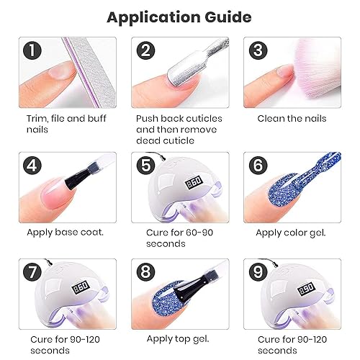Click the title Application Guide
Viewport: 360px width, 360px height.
click(x=179, y=16)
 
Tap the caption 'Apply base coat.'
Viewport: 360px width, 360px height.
click(x=65, y=232)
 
